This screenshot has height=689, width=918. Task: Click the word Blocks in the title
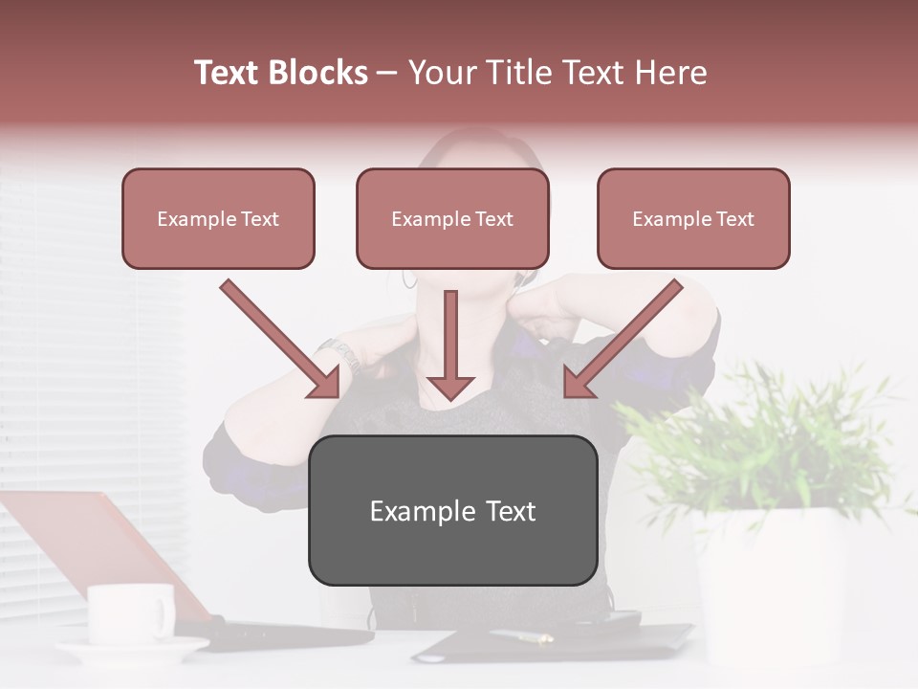pos(317,73)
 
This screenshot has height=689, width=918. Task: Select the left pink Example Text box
pos(218,218)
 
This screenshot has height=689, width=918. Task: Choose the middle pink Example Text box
pos(452,218)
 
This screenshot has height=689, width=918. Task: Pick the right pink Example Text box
pos(693,218)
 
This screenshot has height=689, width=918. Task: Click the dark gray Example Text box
pos(452,510)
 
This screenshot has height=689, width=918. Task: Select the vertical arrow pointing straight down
pos(450,344)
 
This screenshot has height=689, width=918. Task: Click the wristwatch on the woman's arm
pos(339,354)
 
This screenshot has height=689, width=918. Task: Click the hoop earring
pos(410,278)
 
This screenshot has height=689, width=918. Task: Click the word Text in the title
pos(229,73)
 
